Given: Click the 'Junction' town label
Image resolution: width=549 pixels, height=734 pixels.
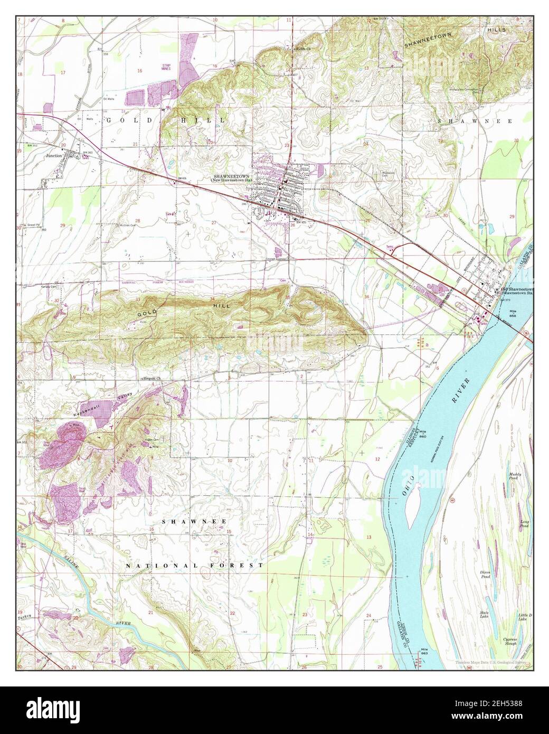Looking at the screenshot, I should pyautogui.click(x=54, y=156).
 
